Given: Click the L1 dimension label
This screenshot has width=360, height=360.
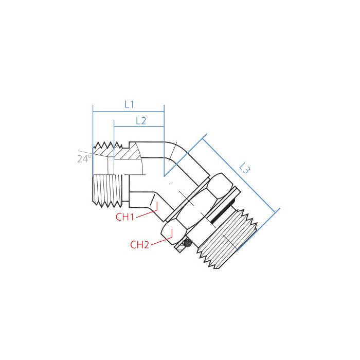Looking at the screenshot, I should pos(129,104).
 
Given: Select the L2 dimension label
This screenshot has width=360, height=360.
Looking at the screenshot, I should pos(141,121).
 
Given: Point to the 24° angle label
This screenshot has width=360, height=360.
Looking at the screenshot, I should pos(83,159).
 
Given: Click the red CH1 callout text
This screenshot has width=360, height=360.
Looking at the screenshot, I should pos(125,217).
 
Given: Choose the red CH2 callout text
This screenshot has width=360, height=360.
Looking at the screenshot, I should pos(139,245).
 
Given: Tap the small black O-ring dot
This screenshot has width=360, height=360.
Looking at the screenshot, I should pos(188,243).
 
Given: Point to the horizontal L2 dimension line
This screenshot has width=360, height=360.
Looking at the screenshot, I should pos(139,127).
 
